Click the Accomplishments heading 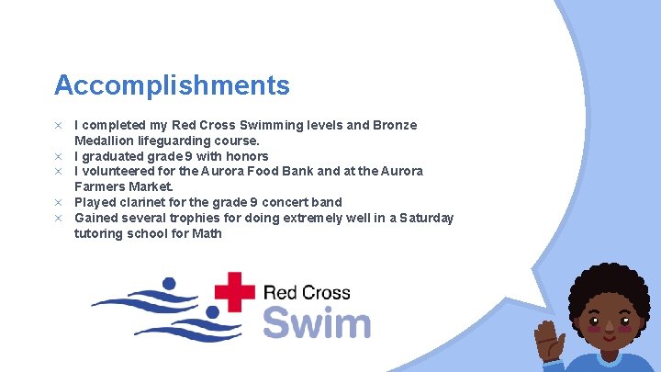pyautogui.click(x=172, y=85)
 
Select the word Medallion pyautogui.click(x=108, y=141)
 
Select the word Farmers pyautogui.click(x=103, y=186)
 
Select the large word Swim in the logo pyautogui.click(x=317, y=323)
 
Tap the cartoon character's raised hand pyautogui.click(x=551, y=341)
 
